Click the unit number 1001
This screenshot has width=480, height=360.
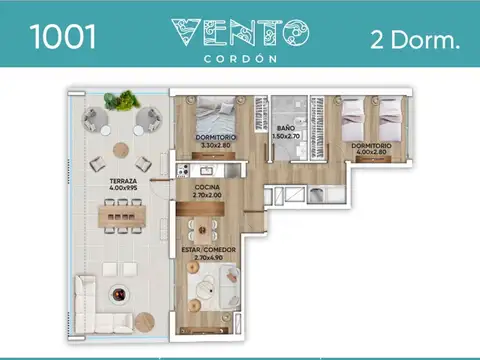pos(64,37)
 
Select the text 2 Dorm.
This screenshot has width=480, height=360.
pos(414,40)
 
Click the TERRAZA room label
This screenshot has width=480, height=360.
pos(126,181)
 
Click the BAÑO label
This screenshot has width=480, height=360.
pos(285,128)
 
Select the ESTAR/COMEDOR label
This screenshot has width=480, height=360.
pos(208,247)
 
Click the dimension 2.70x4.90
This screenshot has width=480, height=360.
pos(208,257)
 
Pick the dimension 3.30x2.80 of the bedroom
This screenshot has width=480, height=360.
pos(215,146)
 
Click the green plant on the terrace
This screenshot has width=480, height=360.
pos(127,100)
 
